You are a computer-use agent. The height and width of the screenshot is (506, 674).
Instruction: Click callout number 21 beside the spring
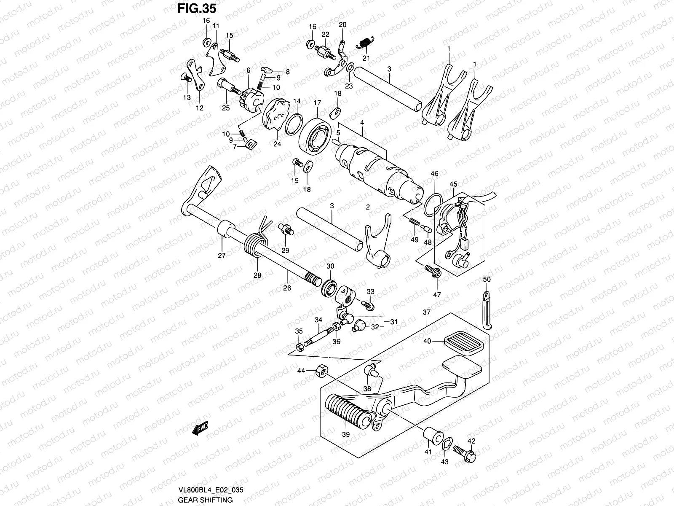(366, 58)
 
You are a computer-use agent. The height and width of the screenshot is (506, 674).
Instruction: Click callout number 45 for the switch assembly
(453, 184)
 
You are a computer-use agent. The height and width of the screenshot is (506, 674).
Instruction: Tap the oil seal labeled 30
(330, 288)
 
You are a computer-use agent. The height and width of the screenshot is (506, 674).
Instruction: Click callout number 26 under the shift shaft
(287, 288)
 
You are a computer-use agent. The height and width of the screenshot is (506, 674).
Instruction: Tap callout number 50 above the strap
(487, 280)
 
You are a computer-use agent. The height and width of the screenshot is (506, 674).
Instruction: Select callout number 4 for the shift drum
(361, 123)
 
